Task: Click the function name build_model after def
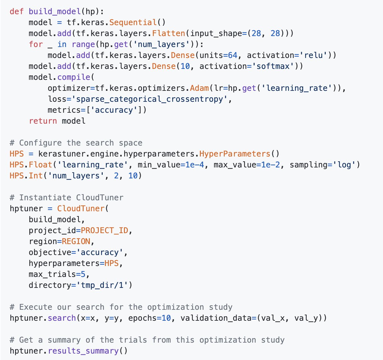(55, 11)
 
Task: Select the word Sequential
(133, 22)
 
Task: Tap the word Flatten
(169, 33)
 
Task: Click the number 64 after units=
(233, 55)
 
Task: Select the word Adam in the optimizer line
(199, 88)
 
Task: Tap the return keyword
(43, 121)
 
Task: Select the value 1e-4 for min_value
(195, 165)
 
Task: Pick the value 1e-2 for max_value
(271, 165)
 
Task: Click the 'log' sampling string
(344, 165)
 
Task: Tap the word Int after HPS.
(36, 175)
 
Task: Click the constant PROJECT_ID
(104, 230)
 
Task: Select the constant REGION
(76, 241)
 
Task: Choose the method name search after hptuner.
(62, 318)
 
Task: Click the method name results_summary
(83, 351)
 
